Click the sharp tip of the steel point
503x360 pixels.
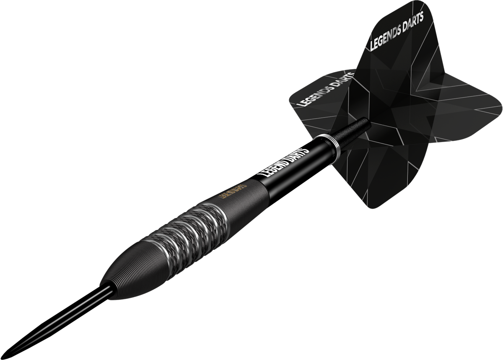click(9, 355)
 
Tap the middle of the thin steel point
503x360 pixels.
click(59, 320)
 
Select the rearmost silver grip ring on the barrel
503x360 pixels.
click(218, 216)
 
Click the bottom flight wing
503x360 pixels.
click(369, 176)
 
